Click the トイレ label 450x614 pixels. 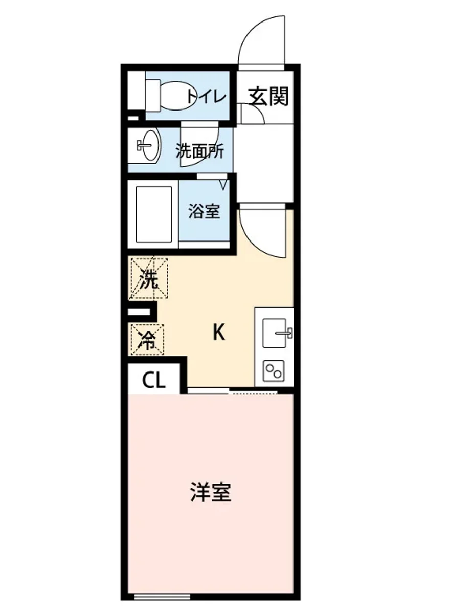tap(206, 96)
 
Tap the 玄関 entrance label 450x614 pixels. tap(268, 96)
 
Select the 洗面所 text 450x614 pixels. tap(199, 151)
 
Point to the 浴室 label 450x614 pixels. tap(204, 211)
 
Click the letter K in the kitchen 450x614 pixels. tap(218, 333)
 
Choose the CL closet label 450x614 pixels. tap(154, 380)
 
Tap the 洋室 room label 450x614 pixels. tap(211, 492)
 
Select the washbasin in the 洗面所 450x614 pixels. tap(149, 145)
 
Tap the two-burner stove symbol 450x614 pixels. tap(274, 370)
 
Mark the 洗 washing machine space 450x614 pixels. tap(149, 278)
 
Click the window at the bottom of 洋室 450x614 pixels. tap(162, 596)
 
